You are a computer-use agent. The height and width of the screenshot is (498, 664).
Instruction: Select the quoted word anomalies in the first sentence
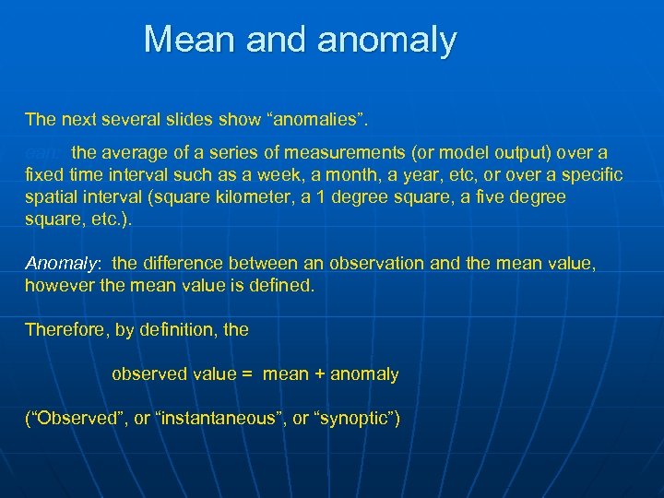(x=315, y=119)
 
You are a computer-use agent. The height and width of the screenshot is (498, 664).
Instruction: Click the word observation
(x=384, y=264)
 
